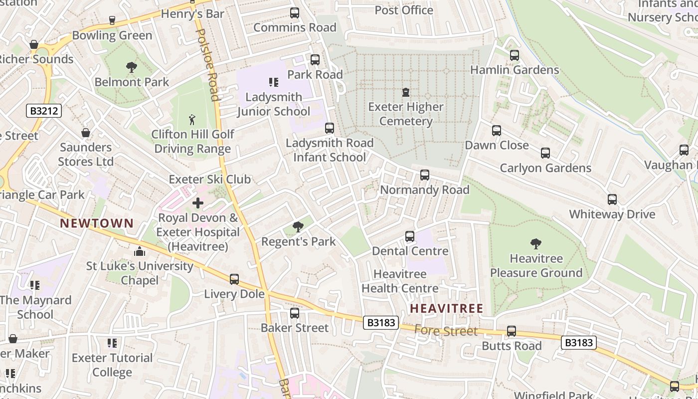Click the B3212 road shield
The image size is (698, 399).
point(44,111)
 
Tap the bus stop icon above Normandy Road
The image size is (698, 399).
point(425,175)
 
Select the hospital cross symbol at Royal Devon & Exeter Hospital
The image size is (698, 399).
point(198,203)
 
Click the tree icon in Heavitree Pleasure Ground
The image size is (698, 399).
point(536,244)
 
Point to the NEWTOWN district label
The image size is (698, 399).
point(97,223)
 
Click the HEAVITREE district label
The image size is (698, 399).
point(447,309)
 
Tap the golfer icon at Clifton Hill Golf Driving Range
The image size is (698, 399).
point(192,120)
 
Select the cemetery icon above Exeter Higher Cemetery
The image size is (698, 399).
point(406,92)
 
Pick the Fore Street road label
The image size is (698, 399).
point(446,331)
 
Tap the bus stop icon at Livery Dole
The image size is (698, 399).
point(234,279)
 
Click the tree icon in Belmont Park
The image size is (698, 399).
point(132,67)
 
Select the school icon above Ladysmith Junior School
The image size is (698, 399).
point(273,82)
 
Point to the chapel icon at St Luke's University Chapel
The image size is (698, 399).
point(140,251)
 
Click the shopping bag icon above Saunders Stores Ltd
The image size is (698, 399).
point(86,133)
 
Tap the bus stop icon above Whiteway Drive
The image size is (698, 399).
point(612,199)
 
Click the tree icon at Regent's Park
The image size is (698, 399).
point(298,227)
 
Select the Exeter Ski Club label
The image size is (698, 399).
point(209,180)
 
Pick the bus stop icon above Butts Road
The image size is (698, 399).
point(512,331)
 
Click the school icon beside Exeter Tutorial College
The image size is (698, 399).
point(112,343)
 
